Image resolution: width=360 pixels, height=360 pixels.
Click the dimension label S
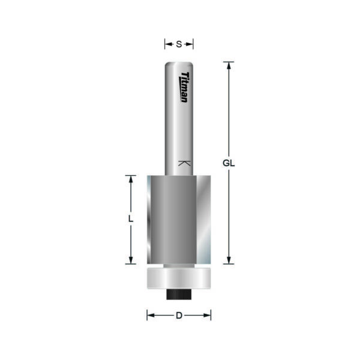coord(179,44)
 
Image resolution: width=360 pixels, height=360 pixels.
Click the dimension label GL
coord(228,163)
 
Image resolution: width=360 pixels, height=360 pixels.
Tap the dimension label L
coord(130,220)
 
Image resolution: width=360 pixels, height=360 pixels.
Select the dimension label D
coord(179,315)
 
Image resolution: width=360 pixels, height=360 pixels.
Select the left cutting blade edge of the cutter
coord(151,220)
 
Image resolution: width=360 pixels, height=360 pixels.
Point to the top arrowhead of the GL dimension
coord(228,65)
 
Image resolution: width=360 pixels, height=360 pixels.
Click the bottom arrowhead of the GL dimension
coord(228,260)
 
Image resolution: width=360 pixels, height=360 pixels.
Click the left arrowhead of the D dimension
coord(151,315)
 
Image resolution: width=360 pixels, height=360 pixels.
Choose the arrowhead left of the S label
coord(167,44)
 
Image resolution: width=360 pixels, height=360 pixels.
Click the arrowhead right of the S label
coord(190,44)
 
